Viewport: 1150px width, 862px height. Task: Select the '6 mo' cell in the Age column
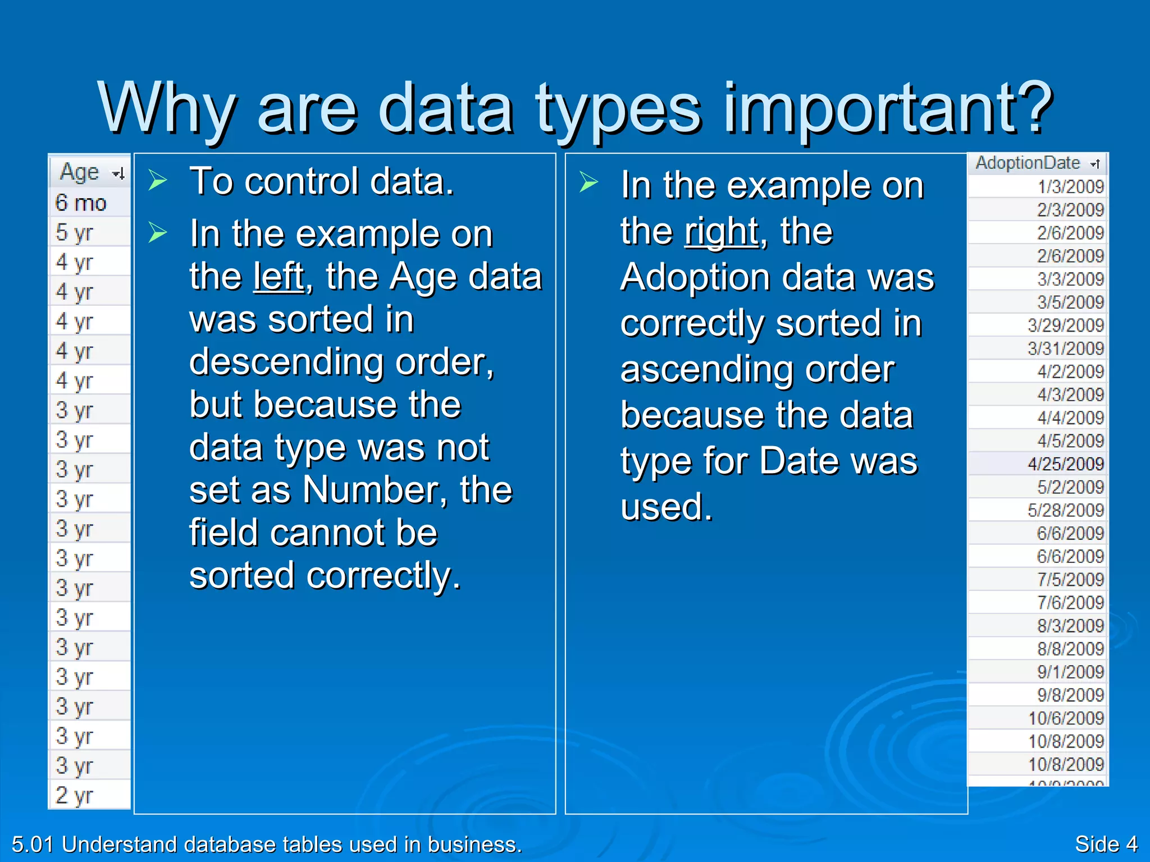pos(81,203)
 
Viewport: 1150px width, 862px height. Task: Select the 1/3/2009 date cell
pos(1070,187)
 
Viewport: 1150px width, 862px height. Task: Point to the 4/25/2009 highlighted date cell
pos(1065,464)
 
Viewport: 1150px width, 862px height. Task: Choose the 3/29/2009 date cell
pos(1065,325)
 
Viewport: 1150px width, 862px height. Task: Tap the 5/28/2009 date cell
pos(1065,510)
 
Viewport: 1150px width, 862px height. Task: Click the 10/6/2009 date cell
pos(1065,718)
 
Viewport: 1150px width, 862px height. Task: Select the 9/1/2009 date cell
pos(1070,672)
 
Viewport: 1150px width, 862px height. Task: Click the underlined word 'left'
pos(279,277)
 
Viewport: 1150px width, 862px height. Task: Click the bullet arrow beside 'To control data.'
pos(158,181)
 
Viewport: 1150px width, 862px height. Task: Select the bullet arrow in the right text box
pos(588,182)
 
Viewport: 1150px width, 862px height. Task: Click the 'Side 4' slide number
pos(1106,844)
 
